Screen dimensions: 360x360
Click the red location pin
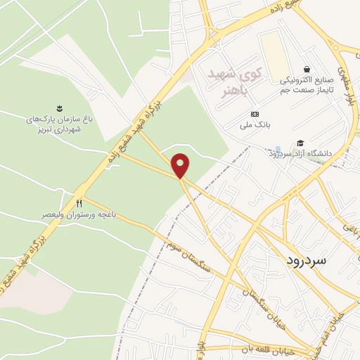click(181, 165)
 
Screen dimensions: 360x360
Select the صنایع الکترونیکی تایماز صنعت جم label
click(305, 85)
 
